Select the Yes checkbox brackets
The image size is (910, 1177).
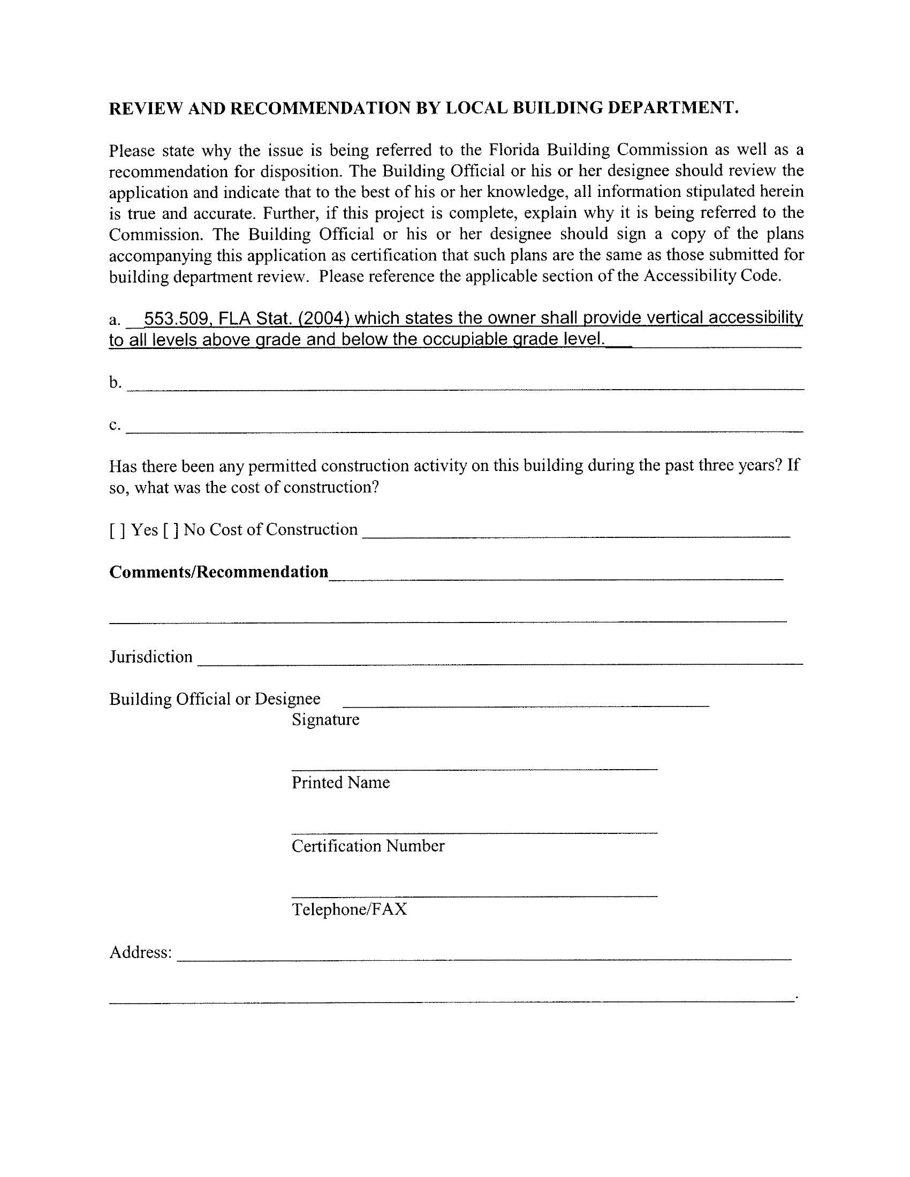tap(118, 531)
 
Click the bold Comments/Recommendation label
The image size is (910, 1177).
tap(218, 571)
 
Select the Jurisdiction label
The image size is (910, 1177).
tap(151, 657)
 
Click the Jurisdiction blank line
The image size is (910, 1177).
tap(500, 661)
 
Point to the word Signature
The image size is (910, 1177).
tap(325, 720)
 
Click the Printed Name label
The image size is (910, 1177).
tap(340, 783)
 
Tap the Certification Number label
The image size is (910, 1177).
tap(368, 846)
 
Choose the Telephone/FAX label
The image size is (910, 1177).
tap(349, 910)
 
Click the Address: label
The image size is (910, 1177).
tap(141, 953)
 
